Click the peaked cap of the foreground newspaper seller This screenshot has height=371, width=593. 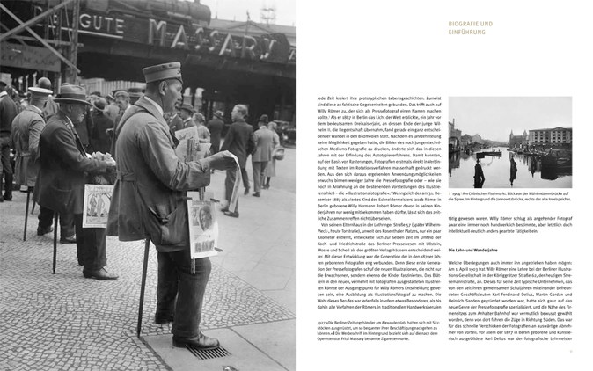tap(163, 71)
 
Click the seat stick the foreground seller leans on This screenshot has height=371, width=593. tap(143, 273)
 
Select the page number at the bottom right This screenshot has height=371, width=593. tap(570, 351)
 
